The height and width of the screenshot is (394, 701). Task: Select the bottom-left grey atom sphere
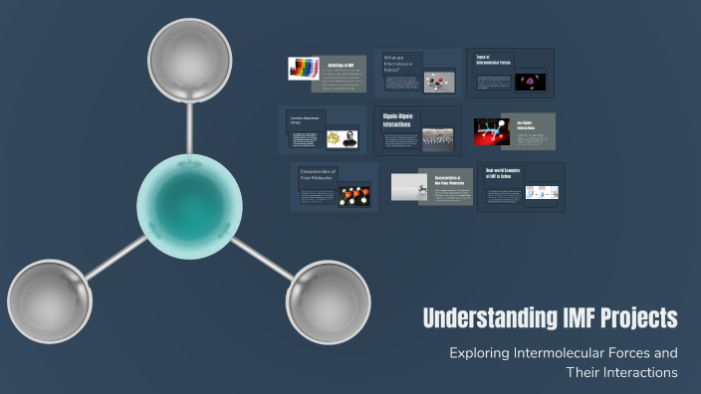(x=49, y=299)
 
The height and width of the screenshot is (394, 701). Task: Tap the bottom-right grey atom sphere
(x=328, y=299)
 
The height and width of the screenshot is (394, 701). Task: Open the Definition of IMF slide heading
(x=342, y=64)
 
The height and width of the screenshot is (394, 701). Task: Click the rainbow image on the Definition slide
(x=303, y=69)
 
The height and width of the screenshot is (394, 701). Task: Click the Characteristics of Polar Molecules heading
(x=320, y=175)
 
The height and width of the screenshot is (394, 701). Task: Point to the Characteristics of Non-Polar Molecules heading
(x=453, y=180)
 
